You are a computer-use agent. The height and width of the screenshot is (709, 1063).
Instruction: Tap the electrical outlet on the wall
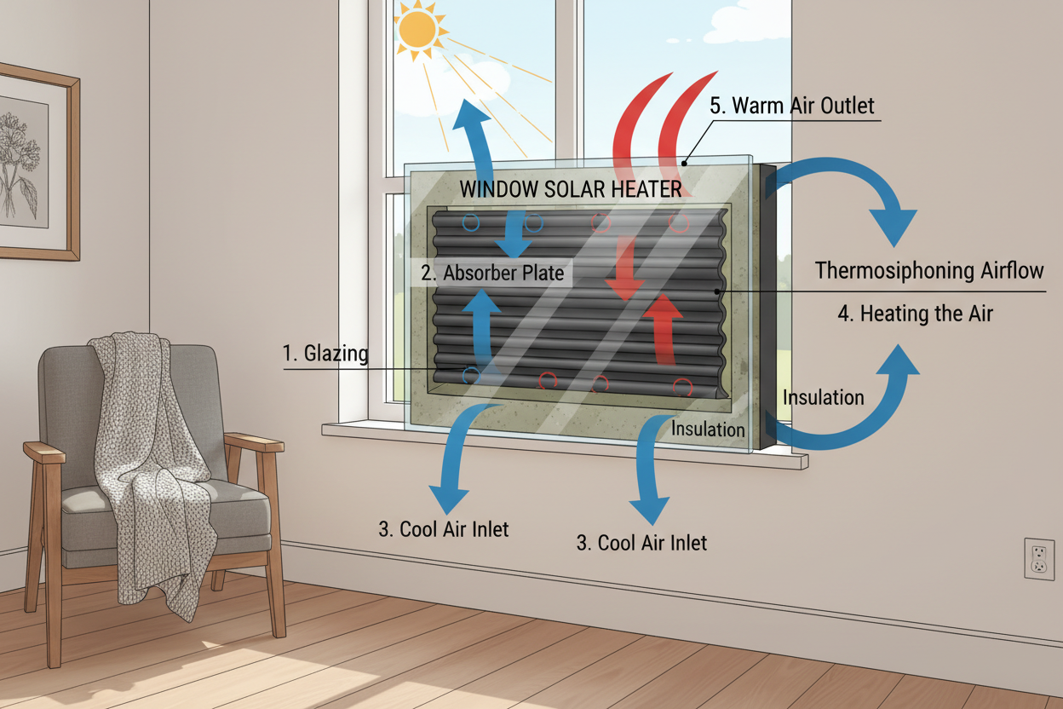(x=1038, y=558)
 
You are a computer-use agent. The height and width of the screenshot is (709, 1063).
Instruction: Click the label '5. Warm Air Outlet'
(x=791, y=107)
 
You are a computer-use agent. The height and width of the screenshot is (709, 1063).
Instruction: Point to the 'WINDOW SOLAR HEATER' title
(x=571, y=189)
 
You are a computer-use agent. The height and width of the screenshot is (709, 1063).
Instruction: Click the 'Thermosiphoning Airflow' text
(x=929, y=271)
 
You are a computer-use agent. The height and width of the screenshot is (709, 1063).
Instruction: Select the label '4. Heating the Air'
(x=915, y=313)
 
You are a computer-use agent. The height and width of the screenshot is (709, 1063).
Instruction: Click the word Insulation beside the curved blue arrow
(x=823, y=397)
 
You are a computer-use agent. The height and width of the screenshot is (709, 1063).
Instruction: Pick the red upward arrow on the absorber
(x=662, y=327)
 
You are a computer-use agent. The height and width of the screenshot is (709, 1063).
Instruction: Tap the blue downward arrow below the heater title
(x=514, y=232)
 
